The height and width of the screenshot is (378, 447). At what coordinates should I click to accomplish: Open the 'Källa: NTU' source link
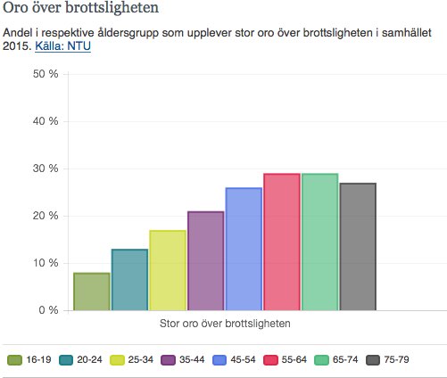[62, 46]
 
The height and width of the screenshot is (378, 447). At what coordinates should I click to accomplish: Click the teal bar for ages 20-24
[129, 280]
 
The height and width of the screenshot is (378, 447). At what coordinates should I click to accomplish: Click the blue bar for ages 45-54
[244, 250]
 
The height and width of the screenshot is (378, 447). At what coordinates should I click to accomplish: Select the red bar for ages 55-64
[282, 242]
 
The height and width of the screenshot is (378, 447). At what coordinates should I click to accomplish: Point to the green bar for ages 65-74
[319, 242]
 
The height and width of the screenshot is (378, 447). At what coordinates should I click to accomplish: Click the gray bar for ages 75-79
[358, 247]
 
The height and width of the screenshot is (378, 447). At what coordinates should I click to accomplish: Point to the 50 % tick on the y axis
[45, 74]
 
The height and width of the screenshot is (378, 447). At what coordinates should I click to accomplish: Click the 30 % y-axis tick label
[45, 168]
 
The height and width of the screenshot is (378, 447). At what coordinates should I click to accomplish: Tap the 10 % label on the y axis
[45, 263]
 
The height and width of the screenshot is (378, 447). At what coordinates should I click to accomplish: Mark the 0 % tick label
[48, 310]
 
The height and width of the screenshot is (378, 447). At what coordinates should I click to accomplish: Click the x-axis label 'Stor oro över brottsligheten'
[225, 324]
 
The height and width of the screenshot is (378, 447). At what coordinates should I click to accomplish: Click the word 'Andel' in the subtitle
[19, 33]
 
